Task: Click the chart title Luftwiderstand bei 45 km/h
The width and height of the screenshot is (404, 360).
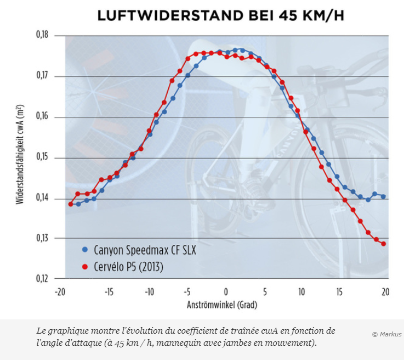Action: coord(221,15)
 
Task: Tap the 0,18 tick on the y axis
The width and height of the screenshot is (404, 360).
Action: coord(42,35)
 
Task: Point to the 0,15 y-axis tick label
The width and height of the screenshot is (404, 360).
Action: coord(42,157)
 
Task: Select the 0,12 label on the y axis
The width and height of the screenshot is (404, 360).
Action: coord(42,279)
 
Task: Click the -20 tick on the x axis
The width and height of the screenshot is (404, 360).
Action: coord(60,292)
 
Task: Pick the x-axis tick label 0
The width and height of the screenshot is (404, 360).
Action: coord(226,292)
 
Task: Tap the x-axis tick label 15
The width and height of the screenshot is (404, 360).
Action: coord(340,292)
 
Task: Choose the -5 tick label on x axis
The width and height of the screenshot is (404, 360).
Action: coord(187,292)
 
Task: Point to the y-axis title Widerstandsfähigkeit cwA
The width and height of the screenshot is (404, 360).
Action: coord(20,156)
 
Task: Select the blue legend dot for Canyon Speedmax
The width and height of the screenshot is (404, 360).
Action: coord(84,250)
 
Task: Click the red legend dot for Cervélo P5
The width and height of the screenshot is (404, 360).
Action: coord(84,267)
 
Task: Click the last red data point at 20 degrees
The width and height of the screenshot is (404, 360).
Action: coord(384,244)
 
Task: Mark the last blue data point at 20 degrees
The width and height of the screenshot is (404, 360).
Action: coord(384,196)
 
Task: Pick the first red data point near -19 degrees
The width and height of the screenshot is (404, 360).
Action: coord(70,204)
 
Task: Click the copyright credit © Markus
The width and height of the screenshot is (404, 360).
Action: coord(386,334)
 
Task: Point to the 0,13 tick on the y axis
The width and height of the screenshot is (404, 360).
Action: coord(42,238)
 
